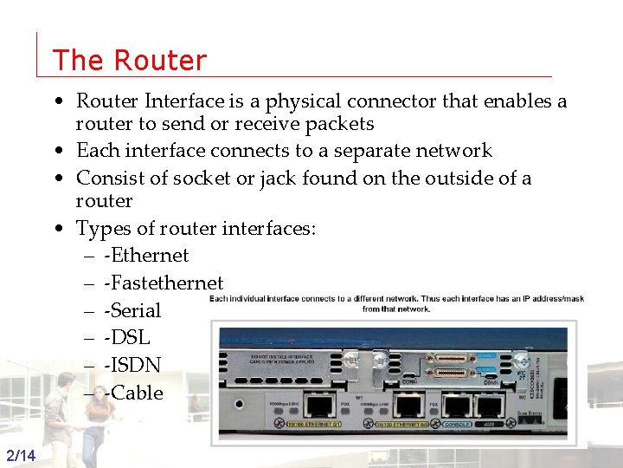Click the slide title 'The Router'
(130, 60)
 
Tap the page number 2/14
(20, 456)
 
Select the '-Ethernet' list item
(145, 255)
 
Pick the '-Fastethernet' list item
(163, 283)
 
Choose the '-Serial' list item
(132, 310)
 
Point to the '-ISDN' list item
(131, 365)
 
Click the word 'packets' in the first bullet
(337, 124)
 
